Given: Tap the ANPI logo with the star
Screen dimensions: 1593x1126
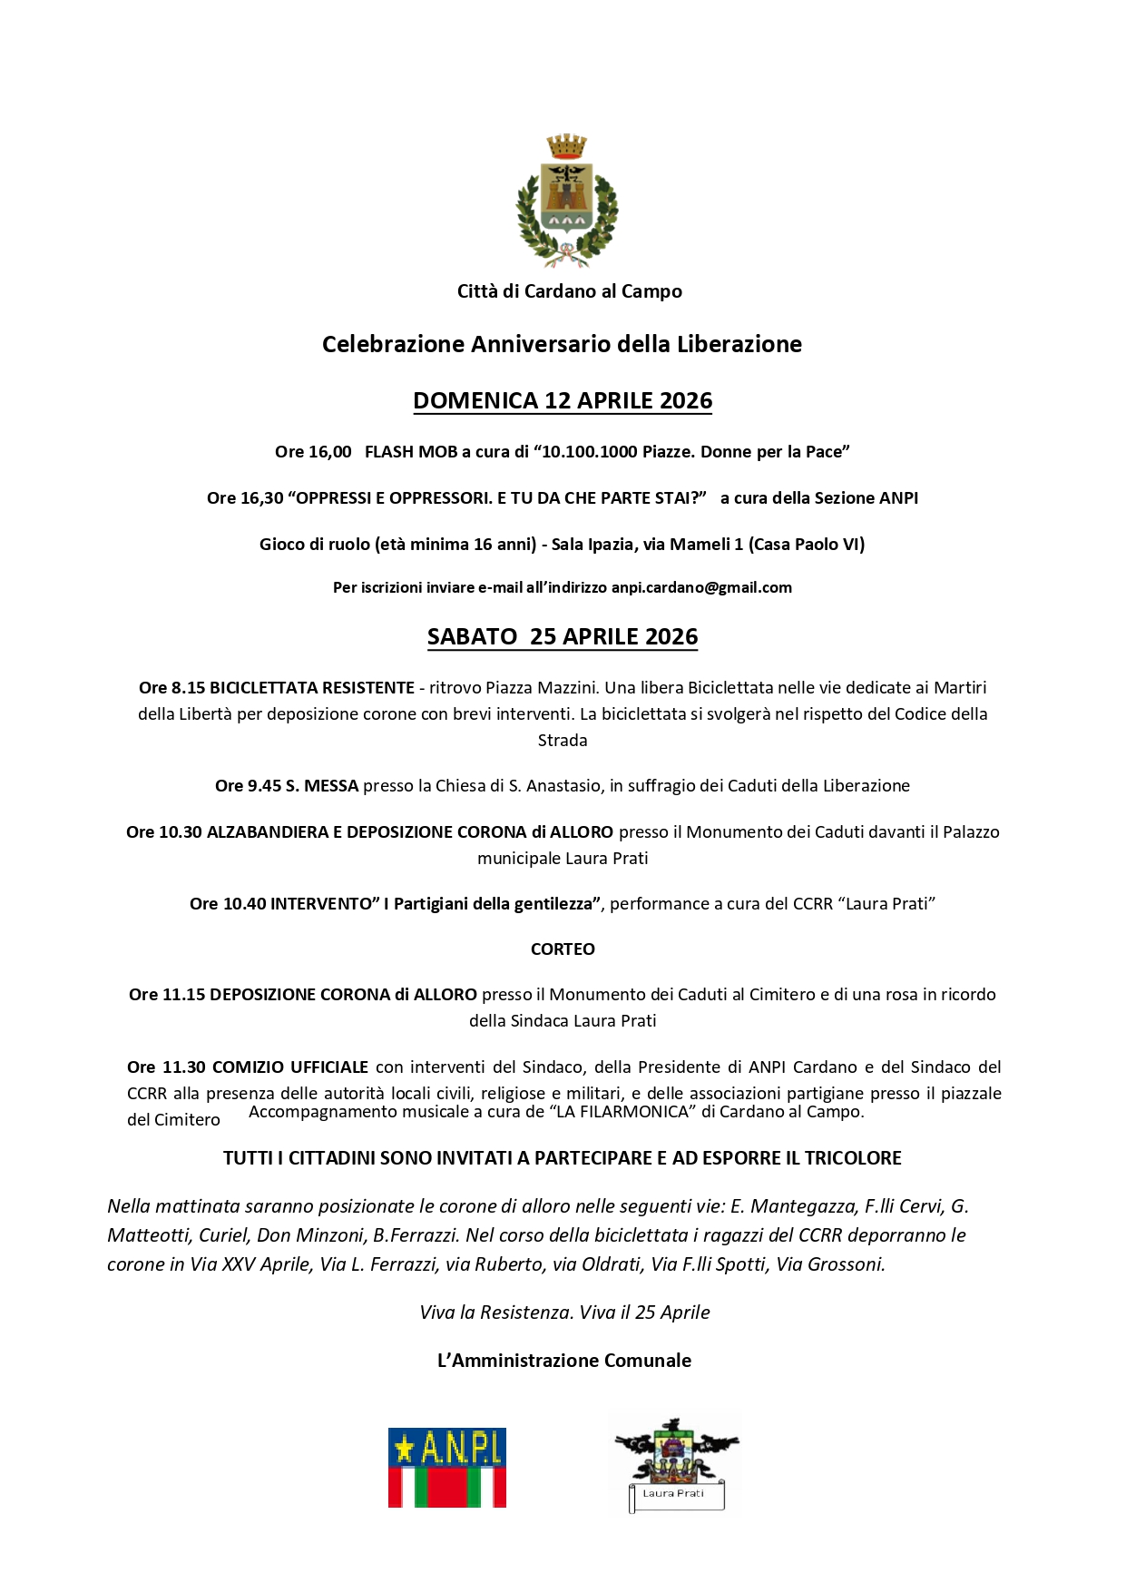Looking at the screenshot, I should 446,1468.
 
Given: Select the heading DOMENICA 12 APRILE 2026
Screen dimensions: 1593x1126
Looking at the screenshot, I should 563,401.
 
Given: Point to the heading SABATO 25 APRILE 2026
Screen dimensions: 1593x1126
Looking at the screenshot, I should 563,637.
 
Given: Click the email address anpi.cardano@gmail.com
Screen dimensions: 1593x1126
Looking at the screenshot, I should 701,588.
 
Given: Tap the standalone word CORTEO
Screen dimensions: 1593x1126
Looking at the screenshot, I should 563,949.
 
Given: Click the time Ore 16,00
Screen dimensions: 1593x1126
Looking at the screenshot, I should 313,452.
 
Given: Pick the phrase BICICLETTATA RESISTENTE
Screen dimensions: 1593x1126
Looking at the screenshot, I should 312,688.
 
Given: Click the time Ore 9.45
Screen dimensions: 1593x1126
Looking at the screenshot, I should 248,786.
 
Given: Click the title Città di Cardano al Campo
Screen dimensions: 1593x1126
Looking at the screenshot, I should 569,291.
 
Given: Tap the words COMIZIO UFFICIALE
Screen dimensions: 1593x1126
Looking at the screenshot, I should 290,1067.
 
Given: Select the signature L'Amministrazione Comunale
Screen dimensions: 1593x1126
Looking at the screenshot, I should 563,1361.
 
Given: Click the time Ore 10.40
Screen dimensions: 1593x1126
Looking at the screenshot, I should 228,904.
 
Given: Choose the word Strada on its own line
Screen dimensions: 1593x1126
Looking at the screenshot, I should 563,741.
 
